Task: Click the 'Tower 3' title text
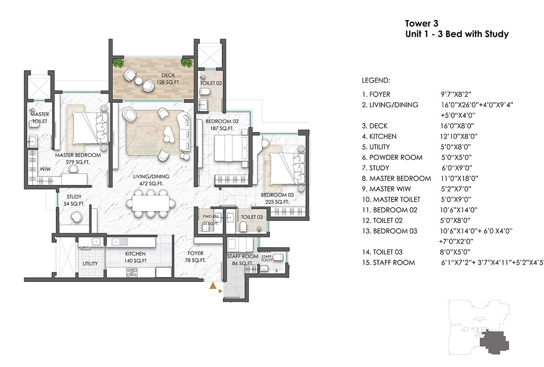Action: coord(421,23)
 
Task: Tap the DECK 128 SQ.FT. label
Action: coord(167,79)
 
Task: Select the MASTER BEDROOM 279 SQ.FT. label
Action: coord(78,158)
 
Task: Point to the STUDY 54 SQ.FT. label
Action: coord(74,200)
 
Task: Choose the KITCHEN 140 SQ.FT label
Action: coord(135,257)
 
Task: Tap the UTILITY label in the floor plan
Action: coord(90,263)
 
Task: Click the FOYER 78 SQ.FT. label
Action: coord(196,257)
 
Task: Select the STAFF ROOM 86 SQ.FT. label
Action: coord(242,260)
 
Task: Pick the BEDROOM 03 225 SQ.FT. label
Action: coord(275,198)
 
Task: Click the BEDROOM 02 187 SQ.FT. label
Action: coord(222,125)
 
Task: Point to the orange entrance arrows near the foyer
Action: coord(215,288)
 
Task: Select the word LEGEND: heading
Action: coord(376,80)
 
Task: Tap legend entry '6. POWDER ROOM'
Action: coord(392,157)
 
